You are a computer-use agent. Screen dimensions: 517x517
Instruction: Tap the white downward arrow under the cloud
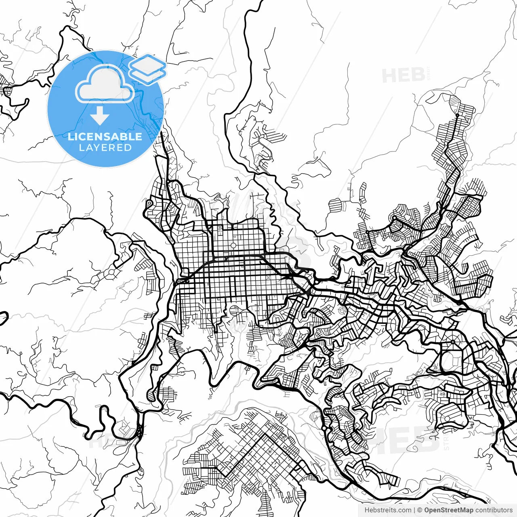click(100, 116)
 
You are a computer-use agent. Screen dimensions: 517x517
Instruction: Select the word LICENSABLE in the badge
click(105, 137)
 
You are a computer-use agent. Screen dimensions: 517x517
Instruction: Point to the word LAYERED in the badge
click(105, 148)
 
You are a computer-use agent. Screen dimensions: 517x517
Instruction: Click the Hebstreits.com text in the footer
click(388, 510)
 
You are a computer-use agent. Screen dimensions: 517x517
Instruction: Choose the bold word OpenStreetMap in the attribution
click(448, 510)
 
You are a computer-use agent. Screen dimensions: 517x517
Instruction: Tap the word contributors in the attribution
click(494, 510)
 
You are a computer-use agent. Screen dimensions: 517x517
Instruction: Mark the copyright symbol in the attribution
click(420, 510)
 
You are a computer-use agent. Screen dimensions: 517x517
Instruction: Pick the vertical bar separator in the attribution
click(414, 510)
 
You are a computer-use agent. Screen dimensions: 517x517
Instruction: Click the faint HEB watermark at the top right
click(404, 76)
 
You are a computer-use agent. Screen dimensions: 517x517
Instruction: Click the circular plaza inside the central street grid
click(233, 246)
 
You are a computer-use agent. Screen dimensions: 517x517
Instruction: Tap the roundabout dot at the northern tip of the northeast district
click(457, 115)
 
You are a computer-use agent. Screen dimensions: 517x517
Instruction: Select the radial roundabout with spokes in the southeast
click(453, 342)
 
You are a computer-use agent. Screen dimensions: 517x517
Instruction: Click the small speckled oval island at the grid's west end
click(182, 280)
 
